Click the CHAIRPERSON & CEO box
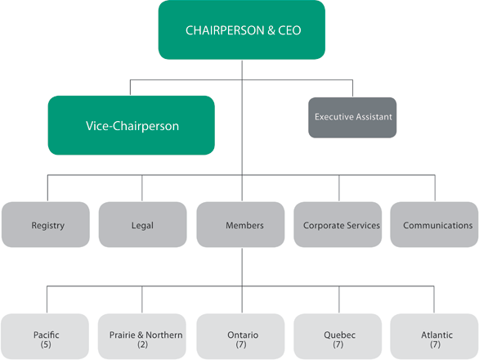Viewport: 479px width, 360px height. click(241, 30)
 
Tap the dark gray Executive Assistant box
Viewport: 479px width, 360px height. click(354, 117)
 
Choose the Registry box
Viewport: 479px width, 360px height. click(47, 225)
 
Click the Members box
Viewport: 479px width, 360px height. click(242, 225)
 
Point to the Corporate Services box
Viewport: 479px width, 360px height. click(341, 225)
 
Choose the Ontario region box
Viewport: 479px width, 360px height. click(242, 339)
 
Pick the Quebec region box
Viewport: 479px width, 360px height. click(338, 339)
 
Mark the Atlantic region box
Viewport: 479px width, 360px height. click(434, 339)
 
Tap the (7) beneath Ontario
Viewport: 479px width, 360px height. click(242, 344)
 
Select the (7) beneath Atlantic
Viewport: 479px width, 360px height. click(434, 344)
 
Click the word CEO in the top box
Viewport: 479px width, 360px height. click(287, 30)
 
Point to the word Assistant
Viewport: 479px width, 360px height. click(373, 117)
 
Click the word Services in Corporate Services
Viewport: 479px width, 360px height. click(362, 225)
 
